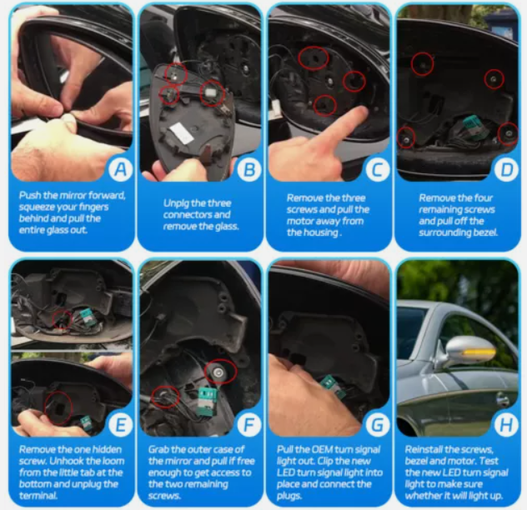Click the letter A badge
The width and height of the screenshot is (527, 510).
(x=120, y=169)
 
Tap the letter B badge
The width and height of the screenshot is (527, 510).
(x=248, y=169)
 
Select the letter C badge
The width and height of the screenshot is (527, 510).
(x=378, y=169)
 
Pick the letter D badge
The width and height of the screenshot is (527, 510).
(x=506, y=169)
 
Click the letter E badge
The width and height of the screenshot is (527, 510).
(x=120, y=424)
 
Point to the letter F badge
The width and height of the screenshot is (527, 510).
(x=248, y=424)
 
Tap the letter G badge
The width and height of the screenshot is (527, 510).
(x=378, y=424)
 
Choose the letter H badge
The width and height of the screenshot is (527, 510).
(x=506, y=424)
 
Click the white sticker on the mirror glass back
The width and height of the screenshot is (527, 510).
(x=181, y=132)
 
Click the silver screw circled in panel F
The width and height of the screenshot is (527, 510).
(x=218, y=372)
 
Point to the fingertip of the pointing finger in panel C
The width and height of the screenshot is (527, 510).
(x=361, y=111)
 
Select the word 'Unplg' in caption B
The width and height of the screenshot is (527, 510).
(x=175, y=203)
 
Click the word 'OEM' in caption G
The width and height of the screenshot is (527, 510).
(x=323, y=449)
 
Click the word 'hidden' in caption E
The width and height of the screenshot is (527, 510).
(x=107, y=449)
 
